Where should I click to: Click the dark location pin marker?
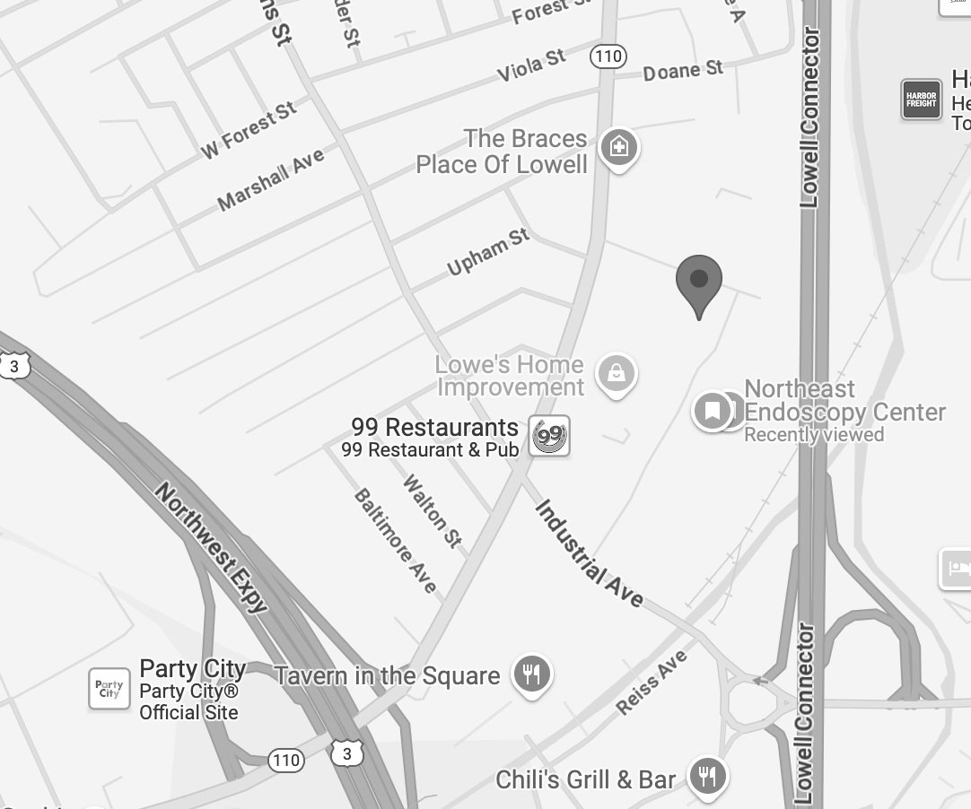(x=699, y=281)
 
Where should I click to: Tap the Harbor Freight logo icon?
(x=921, y=99)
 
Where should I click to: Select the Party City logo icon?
(x=109, y=689)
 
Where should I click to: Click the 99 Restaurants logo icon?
(x=549, y=437)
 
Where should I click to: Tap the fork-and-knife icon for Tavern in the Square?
(x=532, y=674)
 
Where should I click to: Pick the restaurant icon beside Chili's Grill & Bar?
(x=708, y=776)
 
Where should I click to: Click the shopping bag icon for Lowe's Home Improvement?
(x=616, y=372)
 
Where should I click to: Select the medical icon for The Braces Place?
(x=618, y=145)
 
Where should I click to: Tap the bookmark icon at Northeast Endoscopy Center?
(x=713, y=411)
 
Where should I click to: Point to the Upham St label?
(x=488, y=252)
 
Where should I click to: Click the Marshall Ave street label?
(x=270, y=180)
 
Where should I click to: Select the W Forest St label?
(x=248, y=131)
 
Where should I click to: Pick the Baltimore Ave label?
(x=395, y=540)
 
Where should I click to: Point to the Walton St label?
(x=433, y=510)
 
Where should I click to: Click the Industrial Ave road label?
(x=589, y=552)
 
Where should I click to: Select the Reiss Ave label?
(x=652, y=682)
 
